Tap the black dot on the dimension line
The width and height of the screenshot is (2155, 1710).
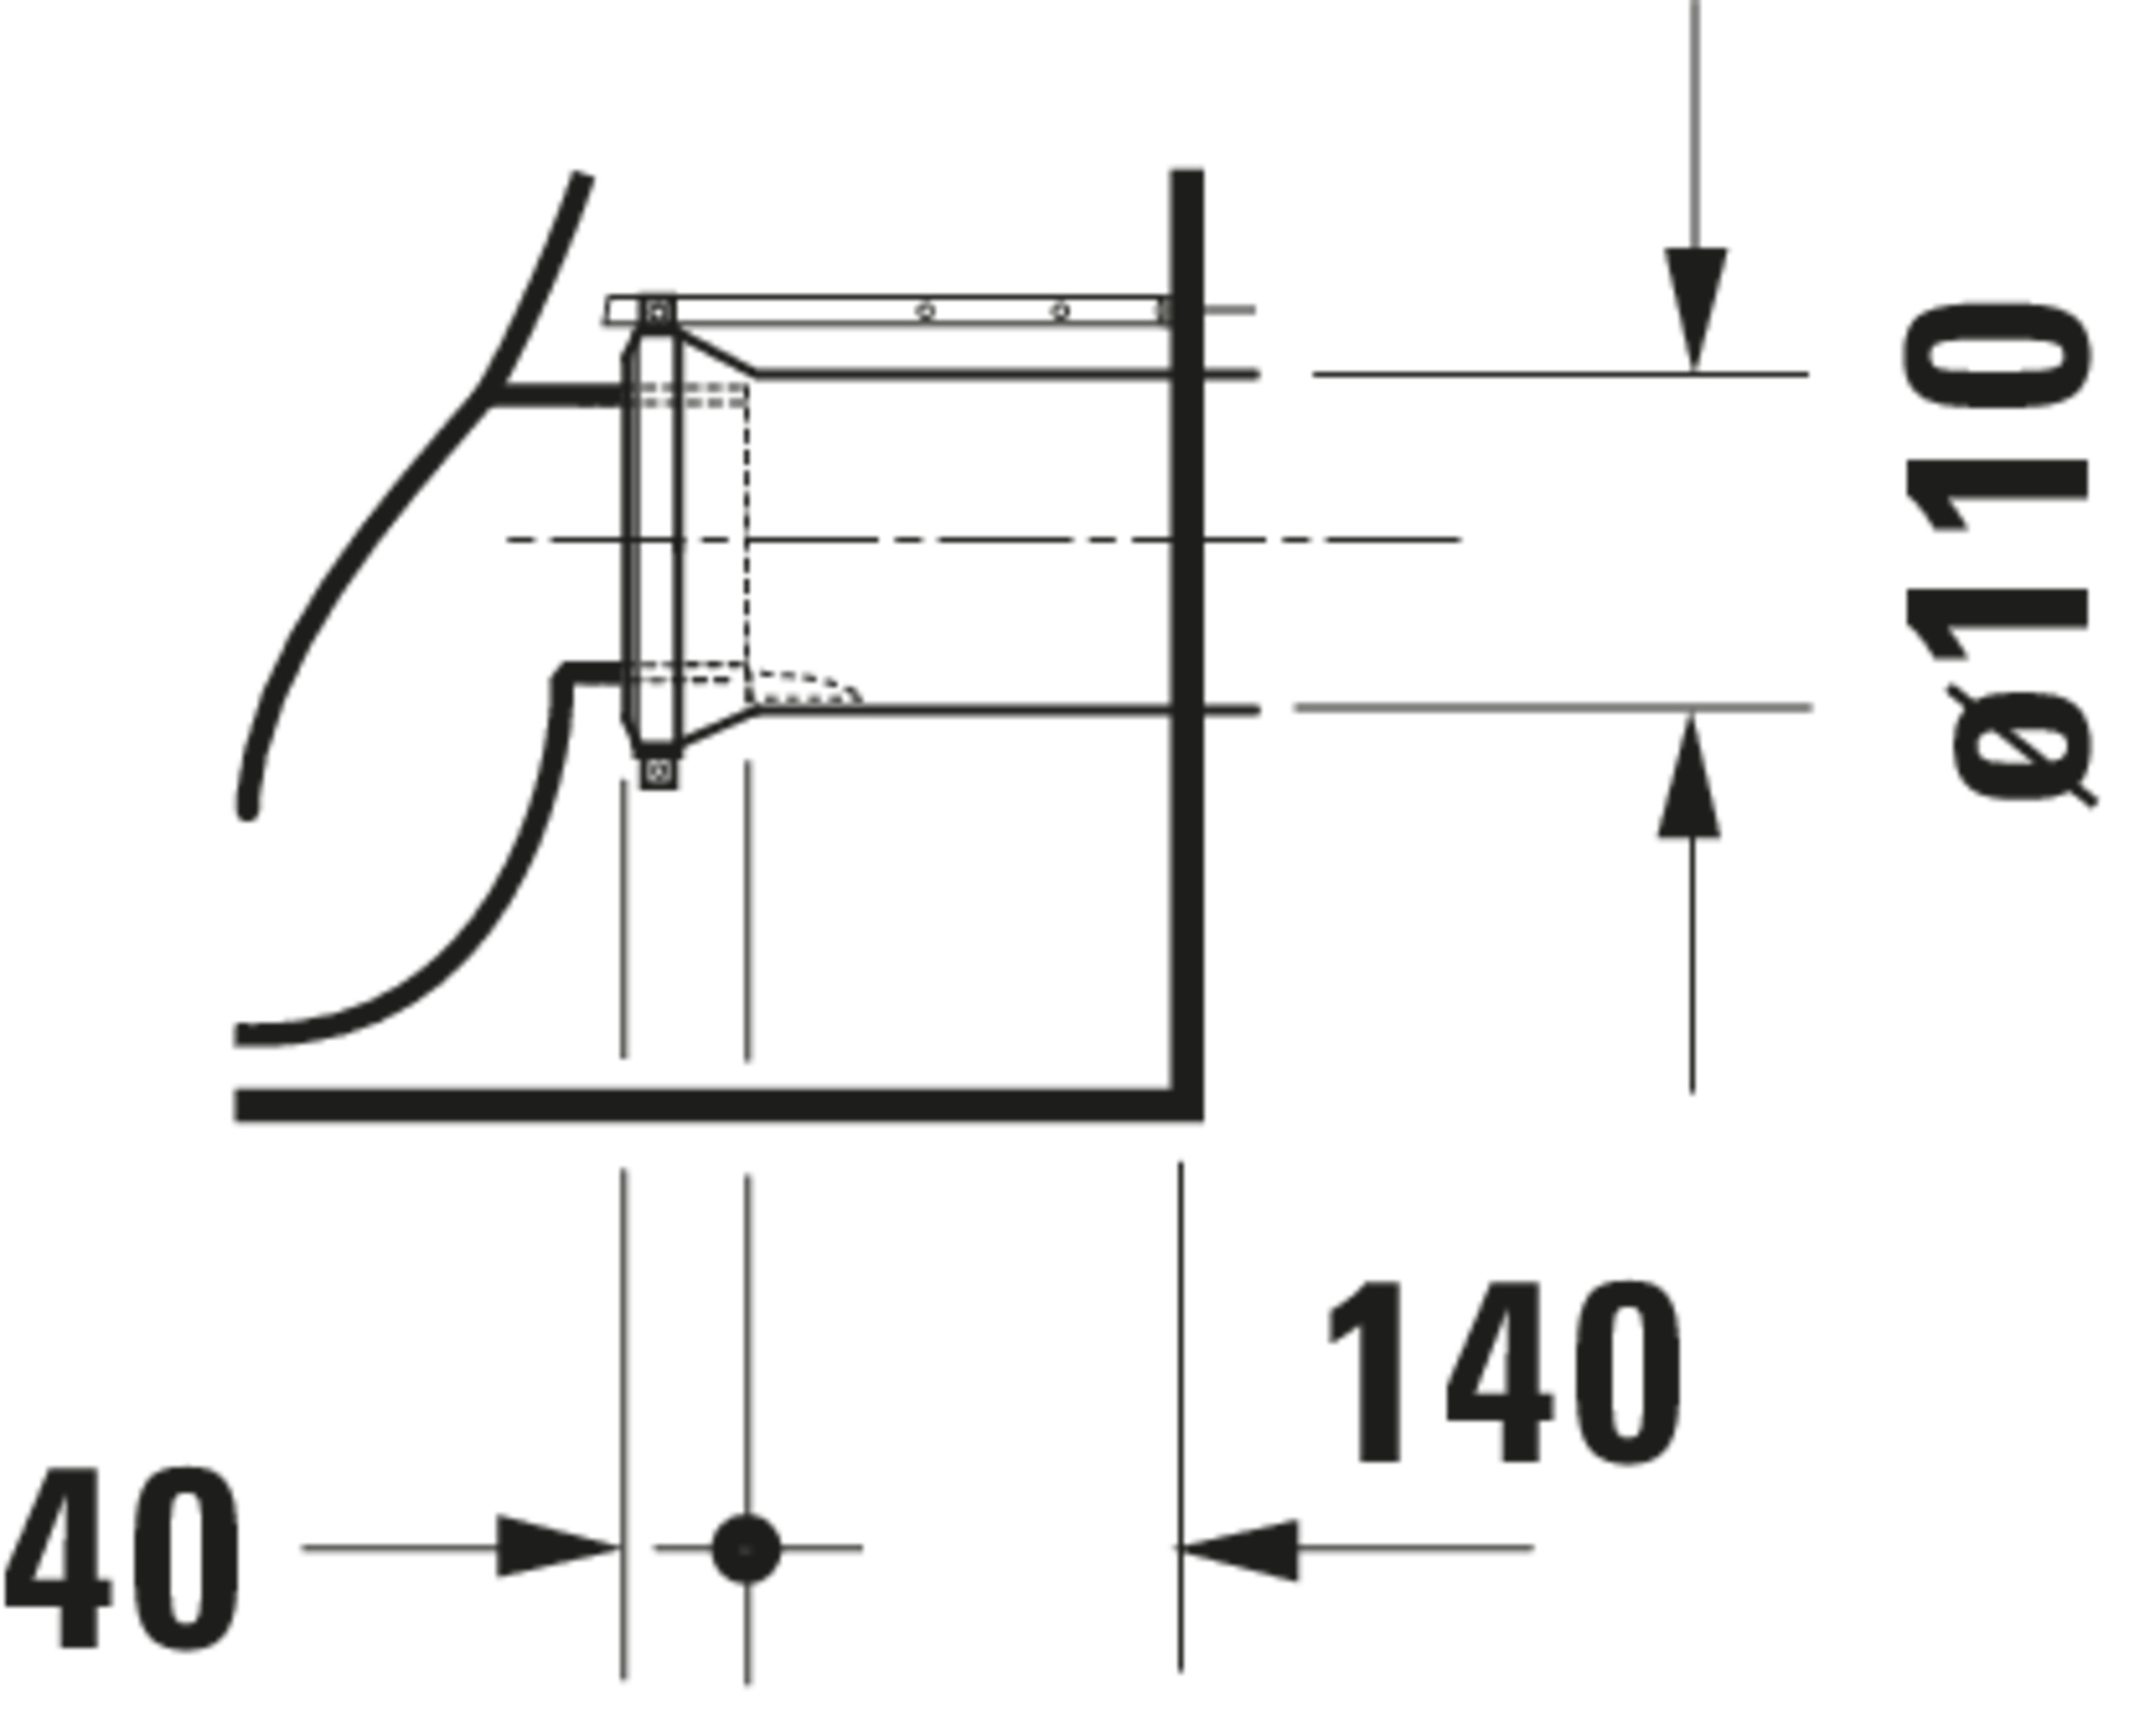click(746, 1548)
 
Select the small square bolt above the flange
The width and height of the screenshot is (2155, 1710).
click(657, 312)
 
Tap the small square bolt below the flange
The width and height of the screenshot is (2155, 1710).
click(658, 771)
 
